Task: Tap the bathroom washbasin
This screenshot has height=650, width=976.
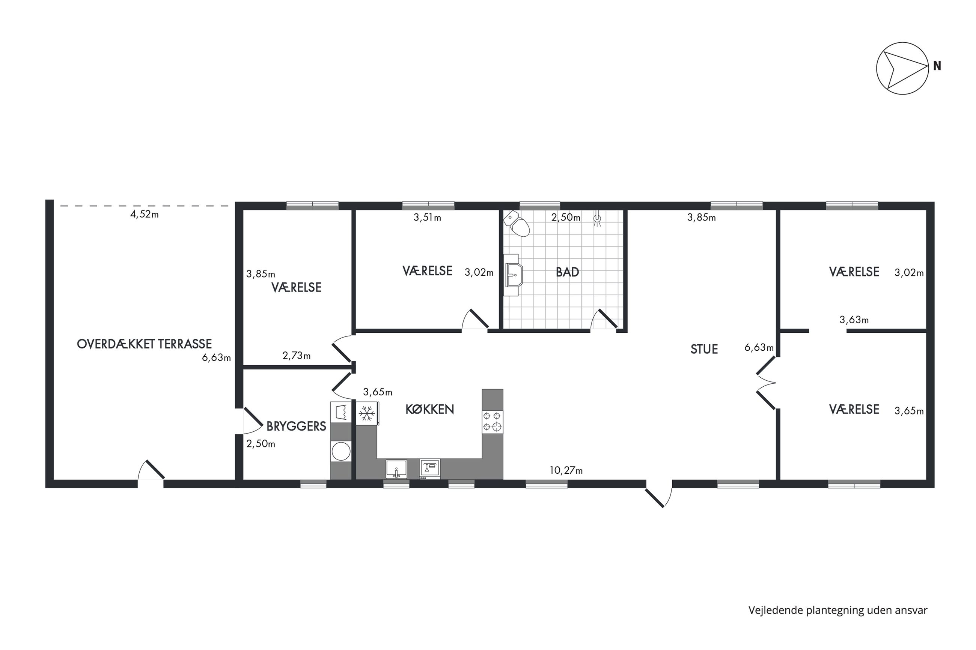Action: (x=512, y=275)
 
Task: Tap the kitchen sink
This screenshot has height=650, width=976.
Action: (x=396, y=469)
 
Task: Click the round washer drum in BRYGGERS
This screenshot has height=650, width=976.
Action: (x=340, y=452)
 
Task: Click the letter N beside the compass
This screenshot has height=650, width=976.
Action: (x=937, y=66)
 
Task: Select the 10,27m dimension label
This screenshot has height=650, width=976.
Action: (x=566, y=470)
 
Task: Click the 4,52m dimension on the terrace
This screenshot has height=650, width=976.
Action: (x=145, y=214)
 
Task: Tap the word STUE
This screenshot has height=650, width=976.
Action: (x=704, y=349)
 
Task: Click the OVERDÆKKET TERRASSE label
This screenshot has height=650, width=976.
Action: (x=145, y=344)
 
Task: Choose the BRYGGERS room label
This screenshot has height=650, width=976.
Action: (x=296, y=426)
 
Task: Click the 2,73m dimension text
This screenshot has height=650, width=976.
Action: (x=296, y=355)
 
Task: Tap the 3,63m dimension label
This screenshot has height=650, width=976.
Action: (x=854, y=320)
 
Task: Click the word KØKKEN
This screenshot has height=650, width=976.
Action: (x=429, y=409)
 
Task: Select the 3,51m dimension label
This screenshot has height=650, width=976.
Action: (x=427, y=217)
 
